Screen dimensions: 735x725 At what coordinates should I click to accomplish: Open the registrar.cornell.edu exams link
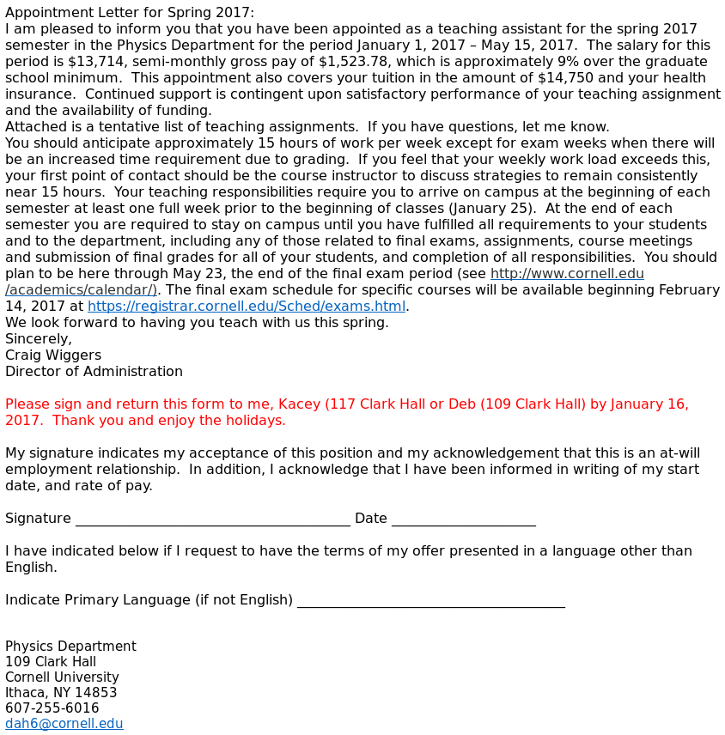coord(246,307)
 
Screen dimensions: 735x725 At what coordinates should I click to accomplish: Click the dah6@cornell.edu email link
coord(64,724)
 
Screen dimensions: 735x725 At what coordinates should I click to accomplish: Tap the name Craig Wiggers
coord(53,355)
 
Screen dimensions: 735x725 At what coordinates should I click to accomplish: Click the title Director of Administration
coord(94,372)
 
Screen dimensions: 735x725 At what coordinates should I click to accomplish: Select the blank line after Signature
coord(212,519)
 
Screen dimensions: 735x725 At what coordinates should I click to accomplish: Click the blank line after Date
coord(463,519)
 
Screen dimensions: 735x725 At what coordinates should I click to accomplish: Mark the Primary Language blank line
coord(430,601)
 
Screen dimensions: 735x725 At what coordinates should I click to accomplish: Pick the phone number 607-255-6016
coord(52,708)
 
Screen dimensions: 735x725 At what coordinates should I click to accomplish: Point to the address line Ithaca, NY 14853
coord(61,693)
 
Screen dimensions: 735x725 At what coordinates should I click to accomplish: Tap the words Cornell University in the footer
coord(62,677)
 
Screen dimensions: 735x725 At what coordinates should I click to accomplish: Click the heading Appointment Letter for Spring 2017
coord(130,13)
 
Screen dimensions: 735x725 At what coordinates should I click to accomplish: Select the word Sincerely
coord(39,339)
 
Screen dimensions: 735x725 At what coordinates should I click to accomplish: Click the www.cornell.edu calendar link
coord(567,274)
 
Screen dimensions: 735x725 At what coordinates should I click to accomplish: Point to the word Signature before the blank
coord(38,519)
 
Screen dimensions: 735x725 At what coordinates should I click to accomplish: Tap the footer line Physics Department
coord(70,647)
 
